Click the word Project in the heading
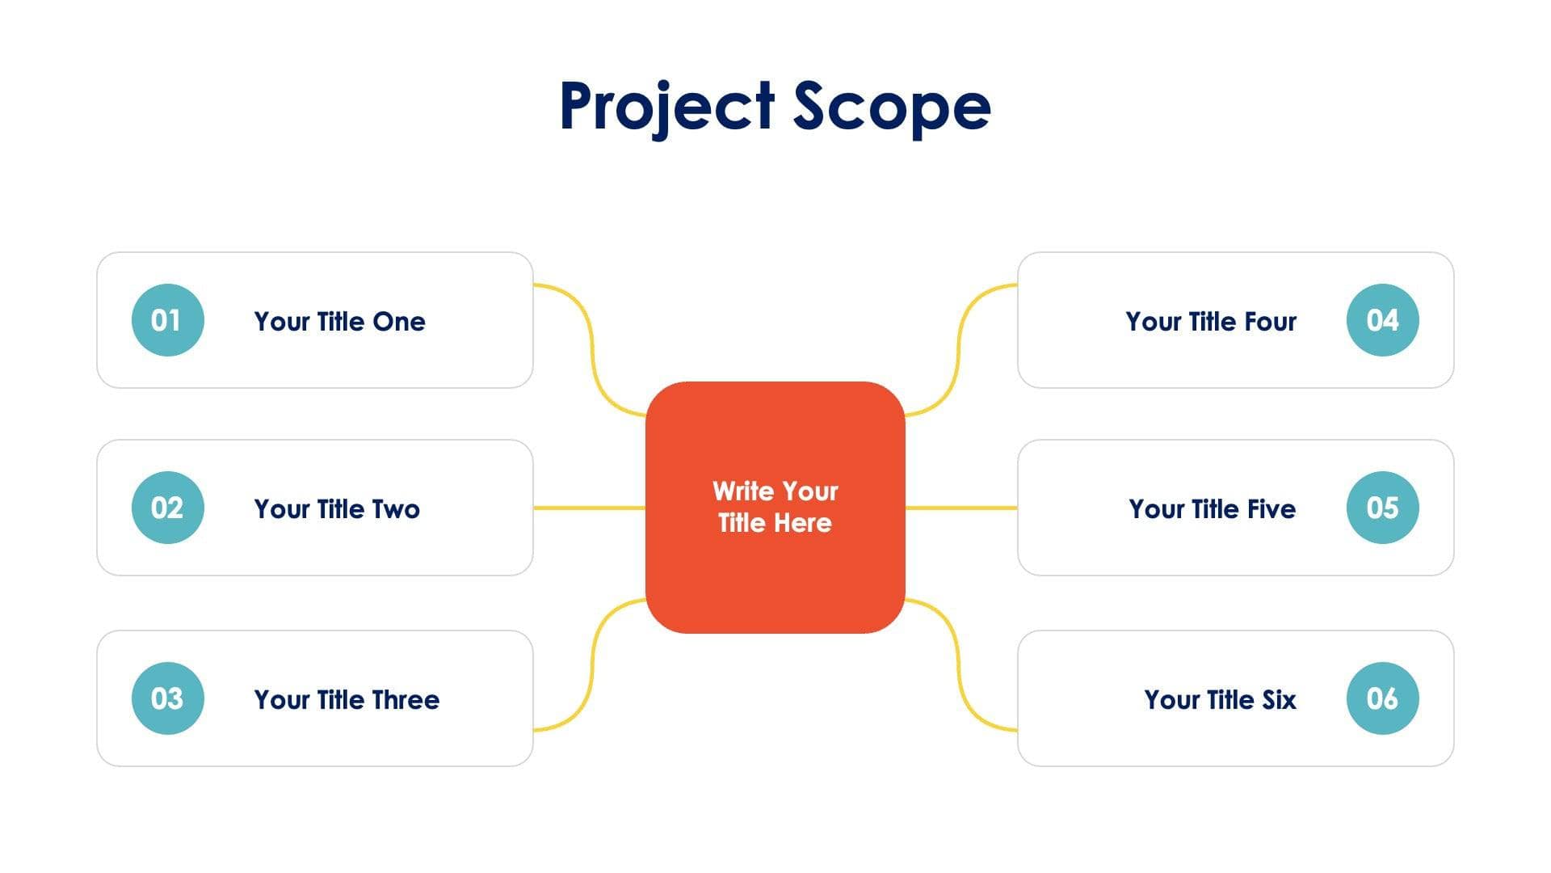667,106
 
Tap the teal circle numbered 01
167,320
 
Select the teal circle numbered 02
167,508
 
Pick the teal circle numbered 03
167,698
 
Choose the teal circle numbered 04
1382,320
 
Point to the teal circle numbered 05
1382,508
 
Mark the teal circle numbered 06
1382,698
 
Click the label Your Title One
339,322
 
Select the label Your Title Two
337,509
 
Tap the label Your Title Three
347,700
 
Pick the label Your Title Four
1211,322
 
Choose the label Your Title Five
1212,509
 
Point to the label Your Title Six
1220,700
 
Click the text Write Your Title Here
775,507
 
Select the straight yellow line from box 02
589,508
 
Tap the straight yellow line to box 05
960,508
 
